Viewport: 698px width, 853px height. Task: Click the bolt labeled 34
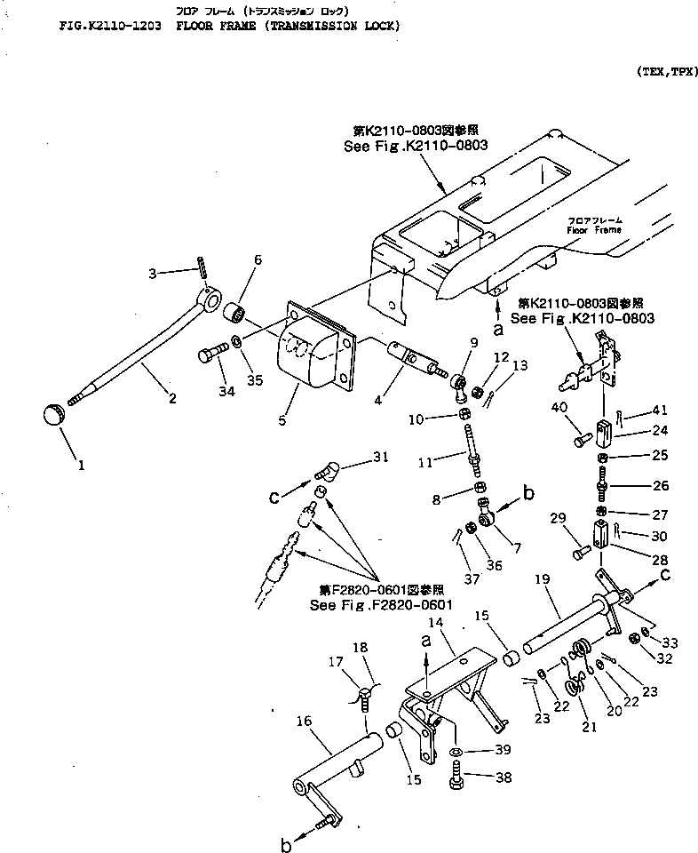[209, 355]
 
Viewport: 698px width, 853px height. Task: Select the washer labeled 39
[454, 753]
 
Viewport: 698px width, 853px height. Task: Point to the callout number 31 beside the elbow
[380, 457]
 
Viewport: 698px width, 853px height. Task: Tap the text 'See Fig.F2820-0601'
[382, 605]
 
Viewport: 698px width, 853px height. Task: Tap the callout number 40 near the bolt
[559, 408]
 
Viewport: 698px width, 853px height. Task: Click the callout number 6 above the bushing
[258, 259]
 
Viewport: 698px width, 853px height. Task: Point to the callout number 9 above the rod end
[473, 342]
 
